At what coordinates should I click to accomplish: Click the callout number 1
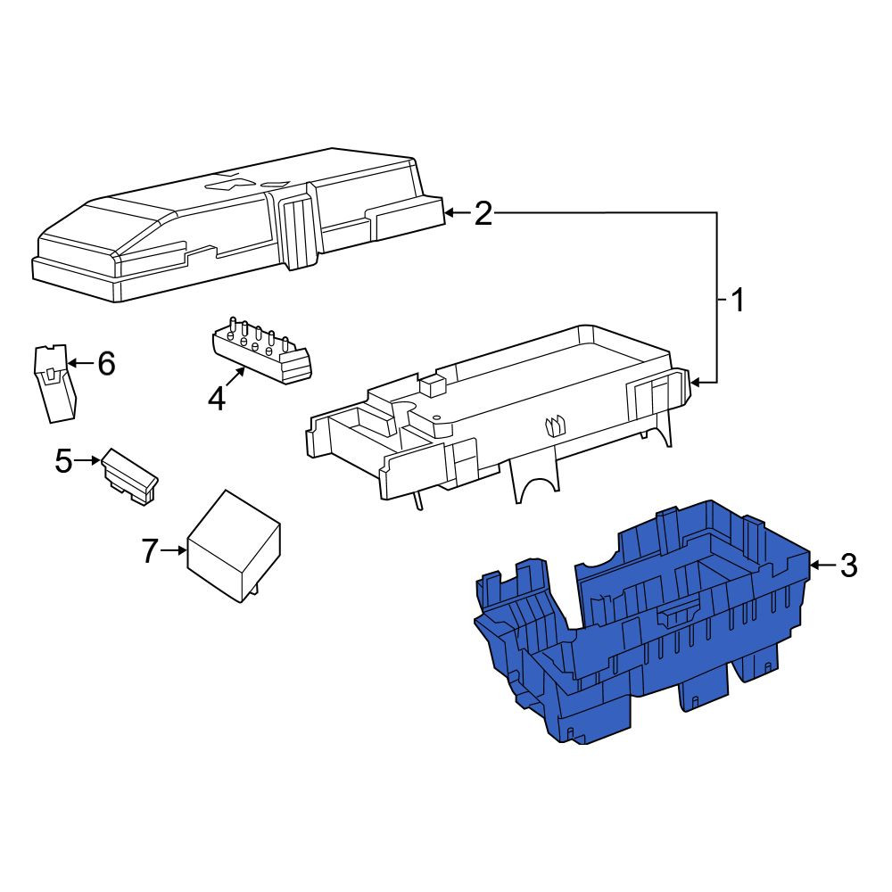click(x=738, y=300)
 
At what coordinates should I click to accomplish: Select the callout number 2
click(x=483, y=214)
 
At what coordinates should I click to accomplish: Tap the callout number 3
click(x=849, y=566)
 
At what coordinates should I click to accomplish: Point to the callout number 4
click(x=217, y=399)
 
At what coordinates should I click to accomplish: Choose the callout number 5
click(x=63, y=461)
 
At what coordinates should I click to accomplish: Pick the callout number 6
click(x=106, y=363)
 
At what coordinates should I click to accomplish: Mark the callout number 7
click(x=149, y=550)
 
